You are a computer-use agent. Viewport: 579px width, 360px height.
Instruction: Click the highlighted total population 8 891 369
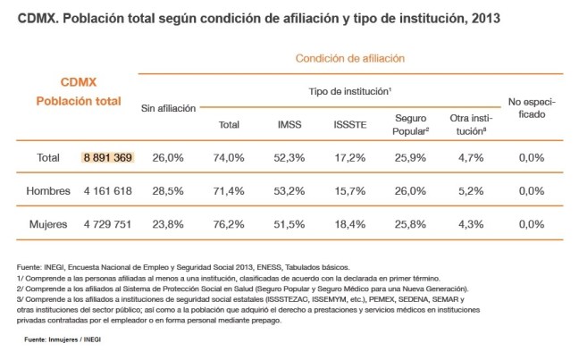point(106,158)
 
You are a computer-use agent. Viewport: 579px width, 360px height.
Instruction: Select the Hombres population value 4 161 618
point(106,190)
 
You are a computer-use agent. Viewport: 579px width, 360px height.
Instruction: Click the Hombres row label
point(48,190)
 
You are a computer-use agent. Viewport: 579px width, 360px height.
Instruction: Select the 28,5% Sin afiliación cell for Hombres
point(168,190)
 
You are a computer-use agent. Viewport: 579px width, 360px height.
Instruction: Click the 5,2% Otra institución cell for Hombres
point(470,190)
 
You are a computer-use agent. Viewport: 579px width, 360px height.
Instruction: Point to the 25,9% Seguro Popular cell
point(412,158)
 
